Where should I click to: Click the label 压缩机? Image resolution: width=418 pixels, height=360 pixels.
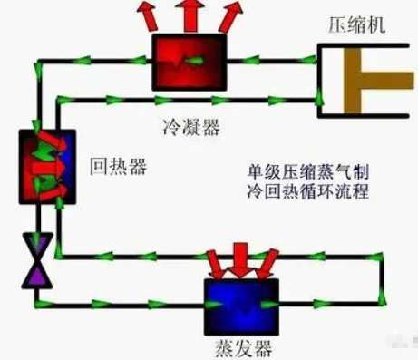coord(355,24)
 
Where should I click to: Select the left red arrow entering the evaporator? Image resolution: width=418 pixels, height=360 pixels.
coord(214,262)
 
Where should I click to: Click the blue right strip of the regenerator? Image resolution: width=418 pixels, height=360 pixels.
coord(61,165)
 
